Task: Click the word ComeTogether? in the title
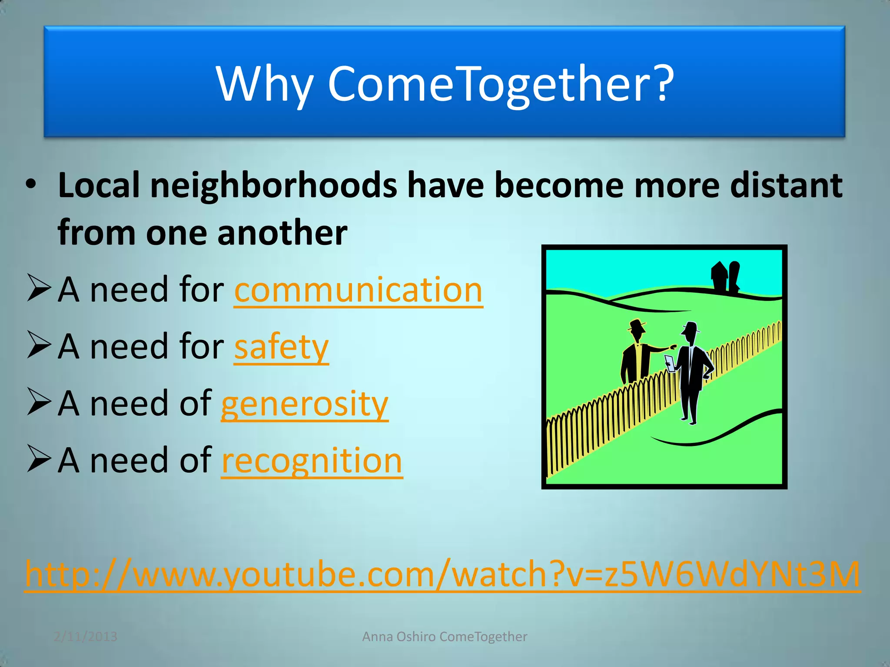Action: click(501, 83)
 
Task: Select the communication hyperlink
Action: click(358, 290)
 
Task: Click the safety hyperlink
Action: click(281, 347)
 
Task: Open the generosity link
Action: click(304, 404)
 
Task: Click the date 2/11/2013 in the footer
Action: click(86, 637)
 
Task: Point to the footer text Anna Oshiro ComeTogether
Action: click(445, 637)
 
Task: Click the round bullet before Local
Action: click(31, 185)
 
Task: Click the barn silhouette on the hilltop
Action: click(724, 275)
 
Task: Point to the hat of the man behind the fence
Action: click(637, 324)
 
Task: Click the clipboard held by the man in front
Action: click(670, 363)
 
